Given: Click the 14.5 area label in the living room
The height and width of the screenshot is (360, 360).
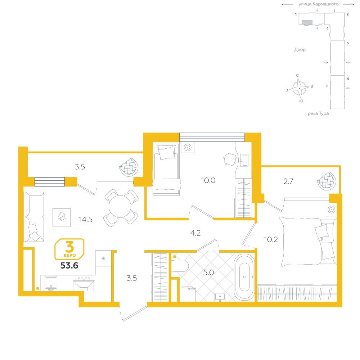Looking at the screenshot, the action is click(86, 220).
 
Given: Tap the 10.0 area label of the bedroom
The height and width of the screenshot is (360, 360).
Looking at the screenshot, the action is click(208, 180).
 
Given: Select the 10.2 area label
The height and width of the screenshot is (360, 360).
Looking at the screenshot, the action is click(271, 240).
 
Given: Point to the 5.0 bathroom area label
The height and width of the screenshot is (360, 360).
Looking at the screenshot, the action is click(208, 273).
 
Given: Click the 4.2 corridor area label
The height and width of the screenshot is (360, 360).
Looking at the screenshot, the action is click(195, 233).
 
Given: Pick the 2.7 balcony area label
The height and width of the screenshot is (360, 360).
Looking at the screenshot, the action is click(288, 181).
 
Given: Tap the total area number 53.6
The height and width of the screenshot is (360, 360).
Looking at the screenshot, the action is click(69, 266).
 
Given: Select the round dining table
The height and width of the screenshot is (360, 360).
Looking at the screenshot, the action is click(120, 207).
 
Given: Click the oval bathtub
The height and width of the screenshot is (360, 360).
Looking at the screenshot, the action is click(244, 277).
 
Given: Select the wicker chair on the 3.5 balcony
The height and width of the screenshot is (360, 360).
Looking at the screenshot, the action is click(129, 167).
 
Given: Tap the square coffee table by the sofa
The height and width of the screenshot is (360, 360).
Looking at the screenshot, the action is click(62, 217).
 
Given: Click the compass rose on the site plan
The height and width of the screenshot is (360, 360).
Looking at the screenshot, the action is click(299, 88).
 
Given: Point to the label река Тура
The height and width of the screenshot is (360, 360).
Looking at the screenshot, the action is click(318, 113).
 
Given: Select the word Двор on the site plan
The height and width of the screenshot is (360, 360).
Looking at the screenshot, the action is click(300, 50).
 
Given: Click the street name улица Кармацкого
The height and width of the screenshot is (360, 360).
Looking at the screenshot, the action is click(319, 4).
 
